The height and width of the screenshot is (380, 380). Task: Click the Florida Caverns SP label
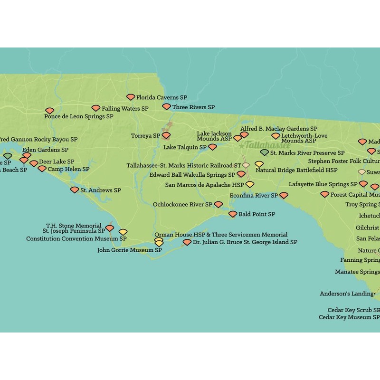click(x=161, y=97)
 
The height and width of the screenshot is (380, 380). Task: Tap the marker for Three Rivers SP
click(x=166, y=107)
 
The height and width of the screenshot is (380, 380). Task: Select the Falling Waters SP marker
click(x=96, y=108)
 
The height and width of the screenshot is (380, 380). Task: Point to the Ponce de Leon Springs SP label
click(x=79, y=116)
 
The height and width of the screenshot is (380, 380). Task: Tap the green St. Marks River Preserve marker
click(x=265, y=152)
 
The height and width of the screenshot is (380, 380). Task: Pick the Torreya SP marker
click(x=166, y=135)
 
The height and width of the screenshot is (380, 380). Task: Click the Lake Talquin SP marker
click(x=212, y=147)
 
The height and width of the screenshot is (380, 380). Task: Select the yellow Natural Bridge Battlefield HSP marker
click(x=259, y=164)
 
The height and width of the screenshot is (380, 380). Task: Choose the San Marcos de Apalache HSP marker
click(x=250, y=185)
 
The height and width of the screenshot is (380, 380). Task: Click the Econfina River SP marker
click(x=284, y=195)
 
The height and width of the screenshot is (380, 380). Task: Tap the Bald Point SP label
click(x=256, y=215)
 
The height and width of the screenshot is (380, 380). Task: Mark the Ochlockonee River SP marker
click(x=218, y=205)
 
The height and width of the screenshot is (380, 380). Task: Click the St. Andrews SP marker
click(x=75, y=190)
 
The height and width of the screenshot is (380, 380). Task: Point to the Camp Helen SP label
click(x=68, y=169)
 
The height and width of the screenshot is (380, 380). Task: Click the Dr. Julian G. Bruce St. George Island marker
click(x=187, y=242)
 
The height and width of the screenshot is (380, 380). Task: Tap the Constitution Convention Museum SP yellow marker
click(x=123, y=232)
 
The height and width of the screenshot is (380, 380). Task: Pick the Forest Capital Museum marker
click(x=324, y=194)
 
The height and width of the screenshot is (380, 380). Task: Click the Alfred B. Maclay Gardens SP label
click(x=279, y=129)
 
